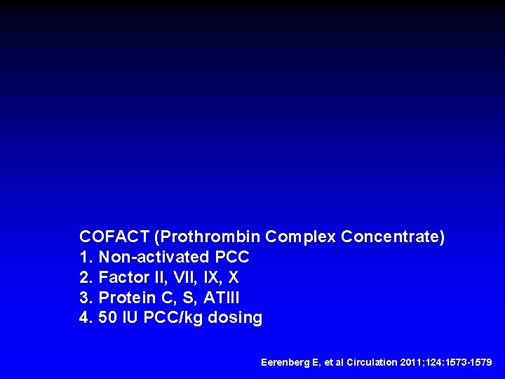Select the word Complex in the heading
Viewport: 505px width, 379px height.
pyautogui.click(x=299, y=237)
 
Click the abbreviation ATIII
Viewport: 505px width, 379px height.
pyautogui.click(x=226, y=298)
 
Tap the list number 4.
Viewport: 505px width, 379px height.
pyautogui.click(x=86, y=318)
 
